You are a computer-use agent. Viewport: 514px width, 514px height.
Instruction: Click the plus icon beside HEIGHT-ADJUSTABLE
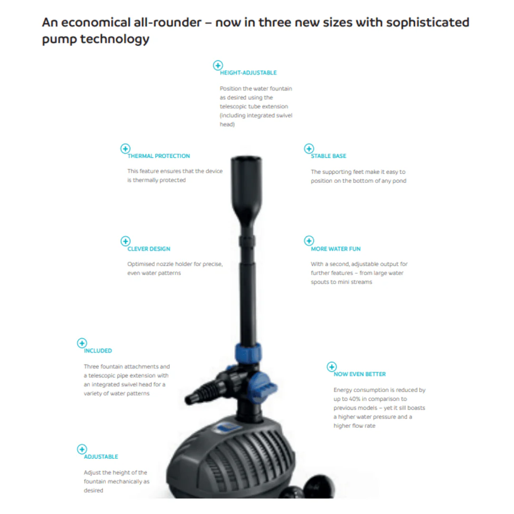[x=217, y=65]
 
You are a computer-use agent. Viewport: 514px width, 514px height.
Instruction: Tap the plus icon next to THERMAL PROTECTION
[x=125, y=148]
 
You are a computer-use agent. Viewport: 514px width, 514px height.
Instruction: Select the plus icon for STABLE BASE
[x=309, y=148]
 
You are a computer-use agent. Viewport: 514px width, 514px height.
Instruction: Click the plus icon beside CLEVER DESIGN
[x=125, y=241]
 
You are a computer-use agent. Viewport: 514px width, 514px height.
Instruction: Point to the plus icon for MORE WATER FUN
[x=309, y=241]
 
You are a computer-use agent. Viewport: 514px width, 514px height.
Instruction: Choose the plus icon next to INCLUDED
[x=82, y=343]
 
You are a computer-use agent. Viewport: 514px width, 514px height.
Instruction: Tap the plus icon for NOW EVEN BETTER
[x=332, y=366]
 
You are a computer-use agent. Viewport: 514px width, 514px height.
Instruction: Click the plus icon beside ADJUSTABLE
[x=82, y=449]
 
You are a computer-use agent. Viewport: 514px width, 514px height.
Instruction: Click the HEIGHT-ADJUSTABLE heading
[x=248, y=73]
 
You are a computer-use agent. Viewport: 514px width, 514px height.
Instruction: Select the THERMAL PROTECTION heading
[x=158, y=156]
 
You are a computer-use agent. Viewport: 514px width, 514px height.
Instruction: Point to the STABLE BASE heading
[x=328, y=156]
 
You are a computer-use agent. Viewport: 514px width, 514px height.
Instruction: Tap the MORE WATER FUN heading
[x=336, y=249]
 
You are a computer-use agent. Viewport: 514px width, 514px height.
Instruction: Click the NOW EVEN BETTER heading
[x=360, y=374]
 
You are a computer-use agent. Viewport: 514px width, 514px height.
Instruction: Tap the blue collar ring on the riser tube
[x=248, y=353]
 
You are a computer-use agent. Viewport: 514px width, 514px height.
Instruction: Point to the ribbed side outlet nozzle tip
[x=190, y=399]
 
